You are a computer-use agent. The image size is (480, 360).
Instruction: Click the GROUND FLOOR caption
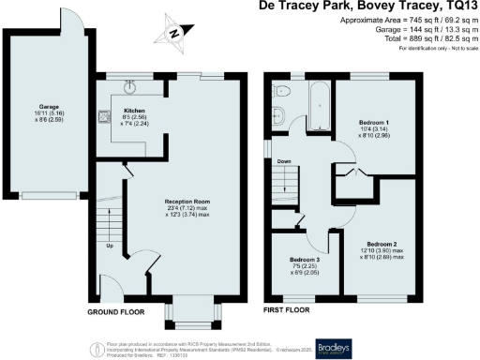click(x=117, y=310)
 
